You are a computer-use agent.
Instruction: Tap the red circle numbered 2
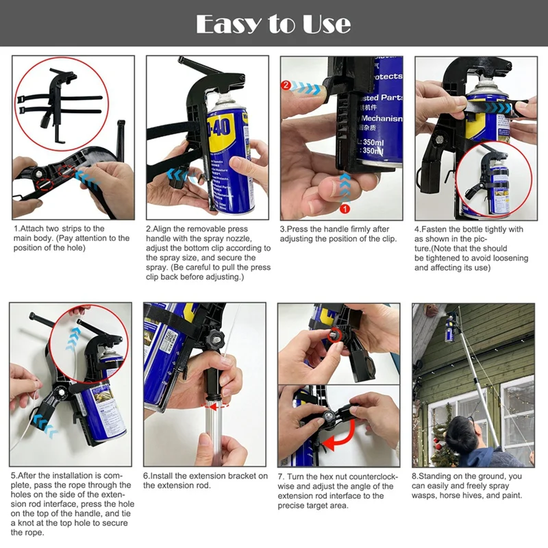[286, 86]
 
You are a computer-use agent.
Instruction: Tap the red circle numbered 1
[345, 207]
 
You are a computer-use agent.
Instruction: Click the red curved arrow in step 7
[340, 439]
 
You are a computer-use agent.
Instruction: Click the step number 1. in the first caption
[16, 229]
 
